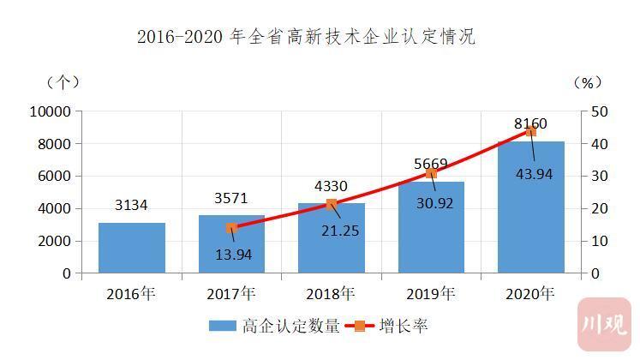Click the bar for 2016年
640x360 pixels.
pos(132,248)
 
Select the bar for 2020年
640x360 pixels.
pos(530,207)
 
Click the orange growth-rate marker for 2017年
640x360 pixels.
pos(231,228)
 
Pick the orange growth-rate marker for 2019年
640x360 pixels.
pos(431,173)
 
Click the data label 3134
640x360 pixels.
pos(132,206)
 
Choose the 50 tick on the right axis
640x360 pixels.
pos(600,111)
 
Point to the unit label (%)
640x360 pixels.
pos(587,82)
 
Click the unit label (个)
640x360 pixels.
pos(63,82)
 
